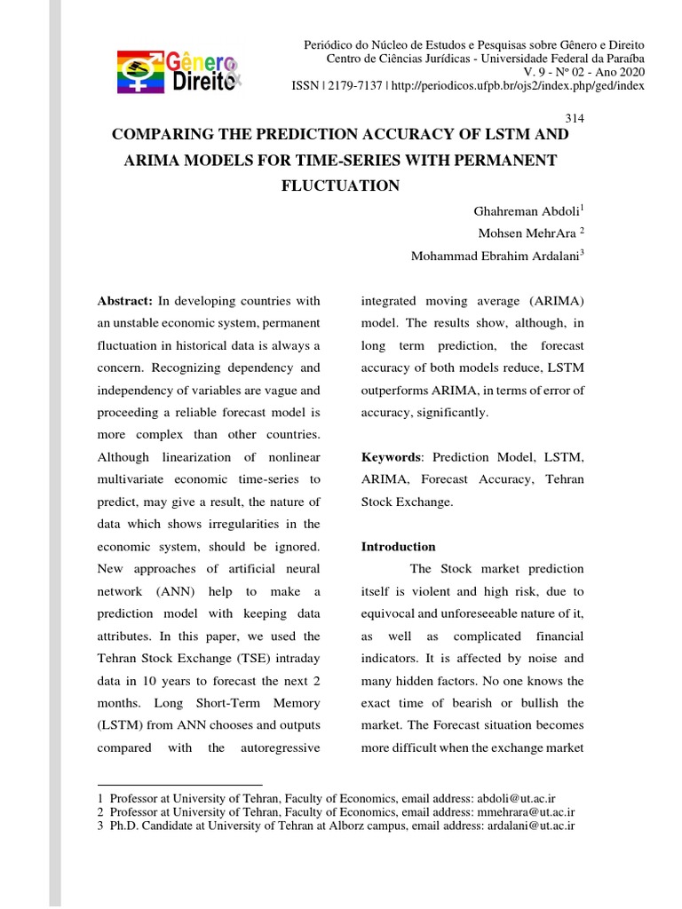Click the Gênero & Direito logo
(x=178, y=71)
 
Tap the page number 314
(x=575, y=117)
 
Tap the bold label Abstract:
(x=125, y=301)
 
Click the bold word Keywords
(x=390, y=457)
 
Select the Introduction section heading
(x=398, y=547)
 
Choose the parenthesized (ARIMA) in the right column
(x=559, y=301)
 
